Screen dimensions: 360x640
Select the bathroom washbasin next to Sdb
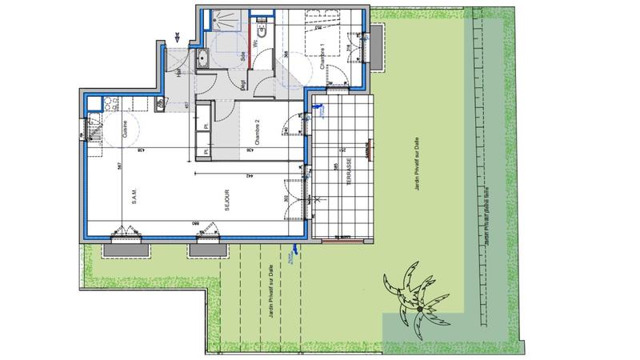(x=203, y=58)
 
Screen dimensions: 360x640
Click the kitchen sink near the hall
(x=161, y=102)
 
